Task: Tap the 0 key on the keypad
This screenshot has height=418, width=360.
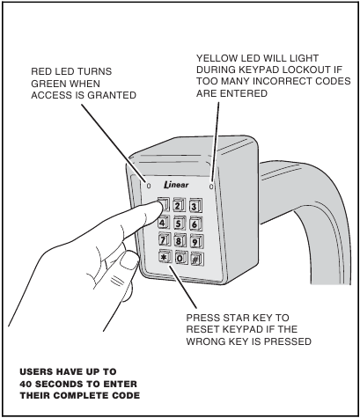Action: click(181, 258)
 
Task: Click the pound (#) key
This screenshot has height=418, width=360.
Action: click(197, 259)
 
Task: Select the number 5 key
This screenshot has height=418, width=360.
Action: click(179, 224)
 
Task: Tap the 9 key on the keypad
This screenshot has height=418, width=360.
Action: click(196, 241)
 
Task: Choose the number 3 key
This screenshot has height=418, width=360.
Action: click(195, 206)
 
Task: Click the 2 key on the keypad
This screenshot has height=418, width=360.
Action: click(179, 205)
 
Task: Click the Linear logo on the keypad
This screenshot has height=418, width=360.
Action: click(176, 185)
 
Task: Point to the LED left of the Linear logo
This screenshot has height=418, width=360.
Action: click(149, 186)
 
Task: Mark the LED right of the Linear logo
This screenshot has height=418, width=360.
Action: click(211, 187)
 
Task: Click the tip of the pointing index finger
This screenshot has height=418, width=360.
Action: click(161, 208)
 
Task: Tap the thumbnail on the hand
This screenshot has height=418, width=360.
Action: click(129, 260)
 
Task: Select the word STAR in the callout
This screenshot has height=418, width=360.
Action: click(235, 318)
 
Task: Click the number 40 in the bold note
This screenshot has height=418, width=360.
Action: click(26, 384)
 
